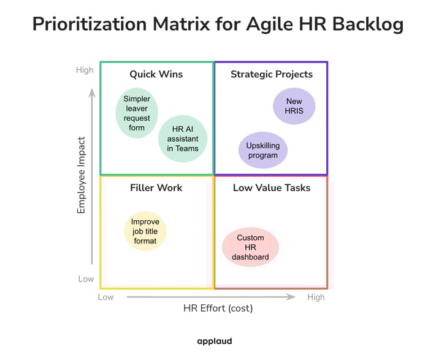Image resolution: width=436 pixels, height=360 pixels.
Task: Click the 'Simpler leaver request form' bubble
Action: (x=136, y=113)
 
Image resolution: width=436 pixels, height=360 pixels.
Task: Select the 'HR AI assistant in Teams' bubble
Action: (x=183, y=139)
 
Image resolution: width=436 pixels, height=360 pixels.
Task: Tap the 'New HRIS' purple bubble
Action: (x=294, y=106)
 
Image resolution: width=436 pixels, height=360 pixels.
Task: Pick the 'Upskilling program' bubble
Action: (x=262, y=150)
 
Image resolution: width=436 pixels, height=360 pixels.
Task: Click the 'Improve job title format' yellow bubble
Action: (x=145, y=231)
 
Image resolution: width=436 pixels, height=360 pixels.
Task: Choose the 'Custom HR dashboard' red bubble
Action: (x=250, y=247)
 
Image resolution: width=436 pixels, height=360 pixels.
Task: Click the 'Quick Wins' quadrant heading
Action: (x=156, y=74)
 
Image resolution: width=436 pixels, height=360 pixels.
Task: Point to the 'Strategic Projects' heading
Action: (x=271, y=74)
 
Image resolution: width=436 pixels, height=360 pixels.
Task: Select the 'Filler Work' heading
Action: (x=156, y=188)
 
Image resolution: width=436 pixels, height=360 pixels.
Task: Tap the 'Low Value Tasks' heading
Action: (x=271, y=188)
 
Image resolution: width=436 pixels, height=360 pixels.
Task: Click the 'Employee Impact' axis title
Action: (x=82, y=175)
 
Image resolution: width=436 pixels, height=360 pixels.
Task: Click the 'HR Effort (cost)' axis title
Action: (x=218, y=308)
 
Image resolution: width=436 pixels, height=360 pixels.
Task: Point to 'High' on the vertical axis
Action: (x=85, y=70)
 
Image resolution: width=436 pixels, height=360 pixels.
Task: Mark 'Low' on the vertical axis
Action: (x=86, y=279)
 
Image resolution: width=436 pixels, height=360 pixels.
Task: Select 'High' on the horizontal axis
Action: (x=316, y=297)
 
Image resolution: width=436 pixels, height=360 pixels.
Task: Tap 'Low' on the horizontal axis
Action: (x=106, y=297)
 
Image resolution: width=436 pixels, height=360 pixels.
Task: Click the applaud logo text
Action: (x=215, y=342)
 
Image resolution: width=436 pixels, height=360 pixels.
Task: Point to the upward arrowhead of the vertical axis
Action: (x=92, y=93)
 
